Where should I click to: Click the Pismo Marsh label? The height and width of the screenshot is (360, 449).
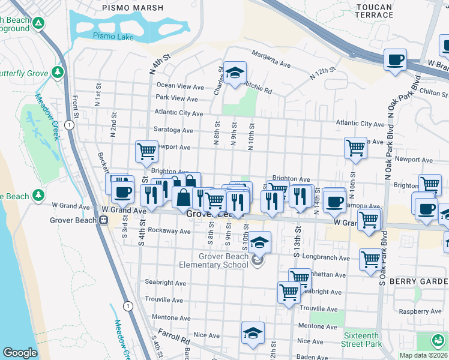pos(132,8)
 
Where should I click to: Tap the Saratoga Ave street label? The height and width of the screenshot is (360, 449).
pos(173,130)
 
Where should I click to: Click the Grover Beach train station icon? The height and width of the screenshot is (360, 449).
pos(103,220)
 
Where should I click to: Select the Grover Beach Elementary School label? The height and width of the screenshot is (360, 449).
pos(214,260)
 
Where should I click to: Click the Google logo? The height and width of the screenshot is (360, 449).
pos(20,353)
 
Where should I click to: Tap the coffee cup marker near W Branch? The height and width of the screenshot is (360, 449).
pos(395,60)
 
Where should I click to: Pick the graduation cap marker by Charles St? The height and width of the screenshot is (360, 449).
pos(235,72)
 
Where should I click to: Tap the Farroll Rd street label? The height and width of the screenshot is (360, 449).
pos(174,332)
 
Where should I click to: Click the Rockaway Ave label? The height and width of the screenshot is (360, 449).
pos(173,230)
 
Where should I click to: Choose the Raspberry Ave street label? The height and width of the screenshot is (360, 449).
pos(420,311)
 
